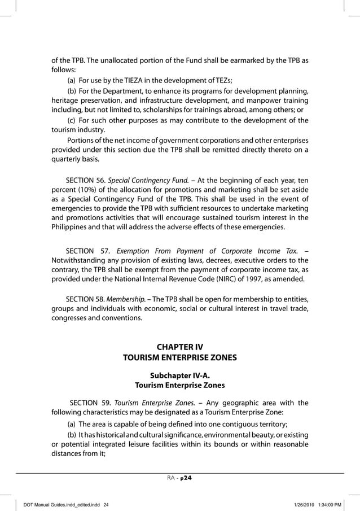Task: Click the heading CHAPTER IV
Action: [x=179, y=346]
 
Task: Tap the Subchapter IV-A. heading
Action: [x=179, y=375]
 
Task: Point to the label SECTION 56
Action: [x=85, y=180]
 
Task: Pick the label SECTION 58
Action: [x=85, y=298]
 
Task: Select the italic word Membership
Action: [x=128, y=298]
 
